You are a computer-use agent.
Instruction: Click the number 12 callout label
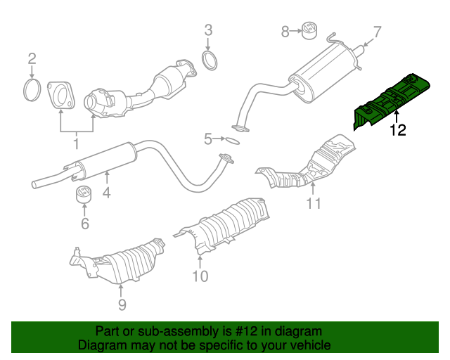(397, 130)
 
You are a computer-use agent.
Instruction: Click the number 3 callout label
(208, 30)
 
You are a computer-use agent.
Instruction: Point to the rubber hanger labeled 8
(307, 32)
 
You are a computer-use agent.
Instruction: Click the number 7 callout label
(376, 32)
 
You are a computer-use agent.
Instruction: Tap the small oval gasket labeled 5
(229, 140)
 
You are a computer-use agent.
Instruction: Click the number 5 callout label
(208, 139)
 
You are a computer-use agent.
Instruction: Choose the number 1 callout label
(76, 144)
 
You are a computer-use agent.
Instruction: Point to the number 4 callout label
(106, 190)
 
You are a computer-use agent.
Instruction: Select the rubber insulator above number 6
(84, 194)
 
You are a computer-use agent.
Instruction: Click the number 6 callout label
(84, 224)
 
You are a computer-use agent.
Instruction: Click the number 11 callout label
(313, 204)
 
